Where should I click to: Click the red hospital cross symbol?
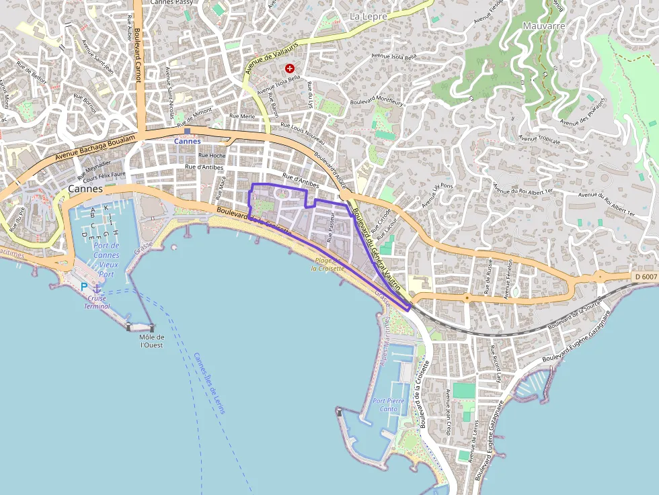coord(290,69)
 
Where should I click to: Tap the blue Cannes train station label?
coord(187,141)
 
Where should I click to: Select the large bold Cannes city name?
coord(85,189)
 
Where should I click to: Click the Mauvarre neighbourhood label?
coord(543,26)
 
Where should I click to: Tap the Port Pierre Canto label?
coord(389,404)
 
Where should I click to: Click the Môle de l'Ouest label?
coord(151,341)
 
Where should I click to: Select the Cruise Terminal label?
coord(97,302)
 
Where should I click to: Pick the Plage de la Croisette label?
coord(327,264)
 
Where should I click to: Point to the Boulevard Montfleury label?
coord(377,102)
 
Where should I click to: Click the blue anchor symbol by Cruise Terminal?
coord(97,288)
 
